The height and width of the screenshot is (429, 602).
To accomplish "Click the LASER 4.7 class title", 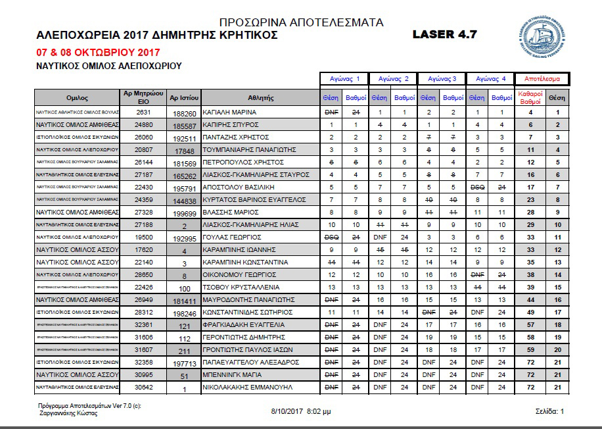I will (x=445, y=34).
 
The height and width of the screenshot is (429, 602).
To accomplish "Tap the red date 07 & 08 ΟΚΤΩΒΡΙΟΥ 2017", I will (x=98, y=52).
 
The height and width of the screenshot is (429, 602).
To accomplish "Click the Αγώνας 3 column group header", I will (x=442, y=79).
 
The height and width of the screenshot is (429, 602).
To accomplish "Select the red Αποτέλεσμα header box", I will (x=542, y=79).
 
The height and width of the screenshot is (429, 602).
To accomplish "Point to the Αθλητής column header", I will (x=261, y=97).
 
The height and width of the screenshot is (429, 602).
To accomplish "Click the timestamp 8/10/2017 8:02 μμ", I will (x=301, y=411).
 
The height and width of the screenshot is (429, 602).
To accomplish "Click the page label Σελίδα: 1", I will (x=550, y=411).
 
